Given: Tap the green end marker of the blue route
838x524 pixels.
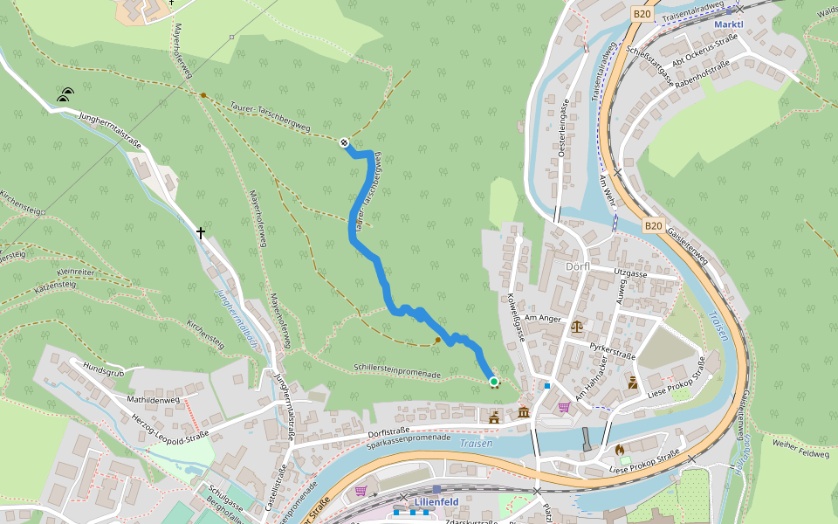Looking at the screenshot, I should (x=494, y=382).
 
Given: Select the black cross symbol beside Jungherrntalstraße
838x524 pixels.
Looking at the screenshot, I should (x=201, y=233).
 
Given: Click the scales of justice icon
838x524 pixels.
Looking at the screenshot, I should (x=576, y=326).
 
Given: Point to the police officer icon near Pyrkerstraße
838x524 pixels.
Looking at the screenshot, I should (x=632, y=382).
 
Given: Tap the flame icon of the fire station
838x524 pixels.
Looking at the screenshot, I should (x=620, y=450).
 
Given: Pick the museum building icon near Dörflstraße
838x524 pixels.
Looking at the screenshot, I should (x=524, y=411).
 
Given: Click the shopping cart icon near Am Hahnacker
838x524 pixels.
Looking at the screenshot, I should (x=563, y=406).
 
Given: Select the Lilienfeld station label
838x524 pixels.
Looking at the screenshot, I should (x=436, y=502).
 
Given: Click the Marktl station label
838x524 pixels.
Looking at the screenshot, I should (x=728, y=24).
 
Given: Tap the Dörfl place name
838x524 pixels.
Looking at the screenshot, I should (x=578, y=266).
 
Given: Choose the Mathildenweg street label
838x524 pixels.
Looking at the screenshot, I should (x=153, y=400).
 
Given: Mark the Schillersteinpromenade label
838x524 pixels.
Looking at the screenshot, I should (x=397, y=372).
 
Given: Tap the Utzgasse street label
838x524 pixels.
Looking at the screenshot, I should (x=629, y=273).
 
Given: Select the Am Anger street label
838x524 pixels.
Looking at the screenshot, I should (x=544, y=319).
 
